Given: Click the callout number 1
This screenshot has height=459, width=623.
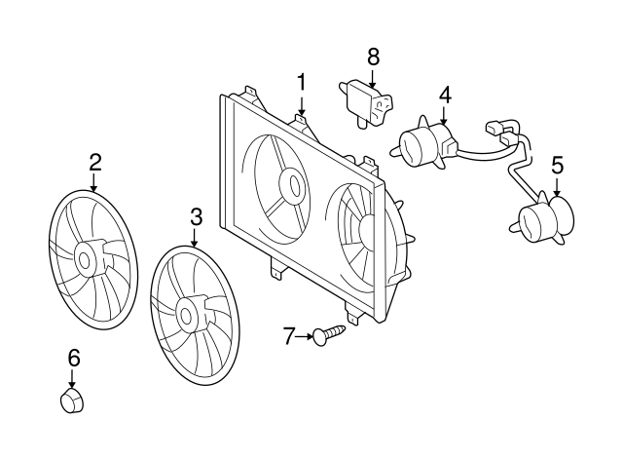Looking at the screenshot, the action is [302, 82].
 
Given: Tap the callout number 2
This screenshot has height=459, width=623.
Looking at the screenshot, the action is [95, 162].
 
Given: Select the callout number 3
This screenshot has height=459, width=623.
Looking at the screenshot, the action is [196, 216].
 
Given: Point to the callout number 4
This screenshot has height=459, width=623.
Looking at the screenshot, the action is [445, 96].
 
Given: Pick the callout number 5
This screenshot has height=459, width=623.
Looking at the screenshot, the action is [557, 165].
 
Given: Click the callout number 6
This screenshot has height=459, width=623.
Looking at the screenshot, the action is [74, 358].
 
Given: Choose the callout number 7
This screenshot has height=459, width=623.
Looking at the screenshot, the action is [289, 336].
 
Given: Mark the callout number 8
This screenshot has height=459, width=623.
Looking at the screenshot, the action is [373, 57].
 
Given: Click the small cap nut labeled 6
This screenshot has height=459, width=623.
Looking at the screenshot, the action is [72, 401].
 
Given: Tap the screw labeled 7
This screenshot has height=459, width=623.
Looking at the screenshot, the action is [329, 335].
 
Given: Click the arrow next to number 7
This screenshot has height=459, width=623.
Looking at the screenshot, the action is [305, 336].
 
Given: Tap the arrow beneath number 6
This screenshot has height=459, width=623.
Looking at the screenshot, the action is [72, 378].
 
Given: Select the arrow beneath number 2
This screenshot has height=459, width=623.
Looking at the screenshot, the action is [93, 182].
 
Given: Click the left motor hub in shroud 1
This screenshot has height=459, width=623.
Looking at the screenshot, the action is [294, 183].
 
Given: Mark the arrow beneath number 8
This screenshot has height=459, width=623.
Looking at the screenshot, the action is [372, 78].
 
